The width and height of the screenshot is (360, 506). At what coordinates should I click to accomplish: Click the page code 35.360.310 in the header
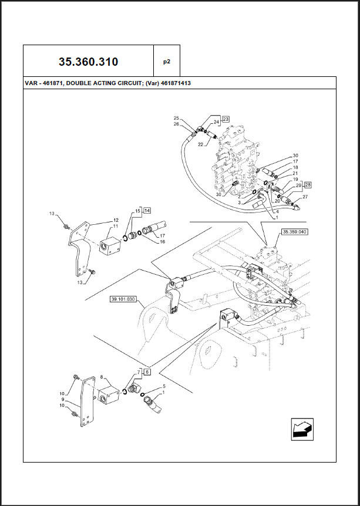(x=88, y=61)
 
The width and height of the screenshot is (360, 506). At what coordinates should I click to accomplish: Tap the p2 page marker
(x=166, y=61)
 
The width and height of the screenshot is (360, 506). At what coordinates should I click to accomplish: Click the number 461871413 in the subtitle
(x=171, y=83)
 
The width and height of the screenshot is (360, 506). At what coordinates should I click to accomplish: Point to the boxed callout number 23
(x=226, y=118)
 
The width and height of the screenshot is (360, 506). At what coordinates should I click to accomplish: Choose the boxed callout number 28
(x=307, y=184)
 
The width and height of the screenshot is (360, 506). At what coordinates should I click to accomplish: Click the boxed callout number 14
(x=147, y=210)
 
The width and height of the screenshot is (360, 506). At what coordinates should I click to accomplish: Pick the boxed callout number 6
(x=147, y=372)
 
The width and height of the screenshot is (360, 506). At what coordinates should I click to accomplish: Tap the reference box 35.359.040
(x=295, y=232)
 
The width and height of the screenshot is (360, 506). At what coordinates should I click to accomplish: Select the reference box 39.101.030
(x=123, y=299)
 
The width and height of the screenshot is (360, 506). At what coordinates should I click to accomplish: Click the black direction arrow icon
(x=302, y=429)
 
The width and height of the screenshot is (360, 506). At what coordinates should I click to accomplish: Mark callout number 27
(x=305, y=197)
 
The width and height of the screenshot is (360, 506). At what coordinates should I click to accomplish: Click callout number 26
(x=176, y=124)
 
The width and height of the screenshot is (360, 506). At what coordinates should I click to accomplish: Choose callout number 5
(x=164, y=386)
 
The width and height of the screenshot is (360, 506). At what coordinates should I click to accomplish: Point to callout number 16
(x=162, y=241)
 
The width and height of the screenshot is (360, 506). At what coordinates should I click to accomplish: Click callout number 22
(x=200, y=144)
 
